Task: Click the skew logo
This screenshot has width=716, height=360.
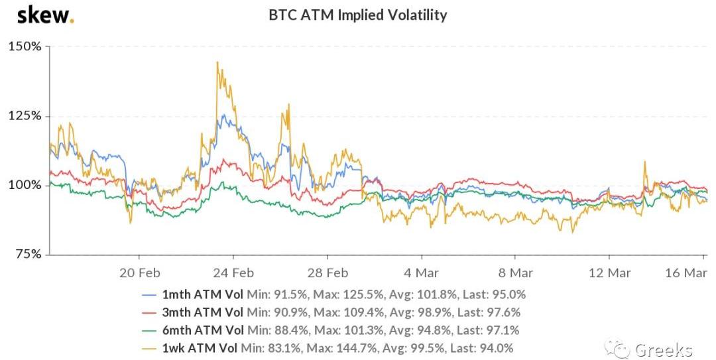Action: [x=45, y=15]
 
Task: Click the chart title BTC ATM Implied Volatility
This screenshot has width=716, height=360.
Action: [x=357, y=15]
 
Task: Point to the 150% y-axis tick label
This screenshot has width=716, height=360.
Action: [x=25, y=46]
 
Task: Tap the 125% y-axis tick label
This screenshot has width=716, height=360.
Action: [x=25, y=115]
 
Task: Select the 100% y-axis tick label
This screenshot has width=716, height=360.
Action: [x=25, y=185]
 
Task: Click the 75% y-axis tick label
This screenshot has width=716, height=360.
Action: [x=28, y=254]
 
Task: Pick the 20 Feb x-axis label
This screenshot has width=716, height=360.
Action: [x=140, y=272]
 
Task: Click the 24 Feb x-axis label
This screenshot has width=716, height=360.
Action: [x=235, y=272]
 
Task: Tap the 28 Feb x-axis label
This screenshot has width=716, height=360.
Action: [x=329, y=272]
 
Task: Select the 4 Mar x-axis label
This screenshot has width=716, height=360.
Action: [x=421, y=272]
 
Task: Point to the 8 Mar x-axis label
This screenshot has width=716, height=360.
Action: [x=515, y=272]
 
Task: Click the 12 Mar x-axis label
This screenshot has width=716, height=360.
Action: [x=609, y=272]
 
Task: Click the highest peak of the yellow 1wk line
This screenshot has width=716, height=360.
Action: [x=217, y=62]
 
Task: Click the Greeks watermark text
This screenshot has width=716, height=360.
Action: [x=664, y=349]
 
